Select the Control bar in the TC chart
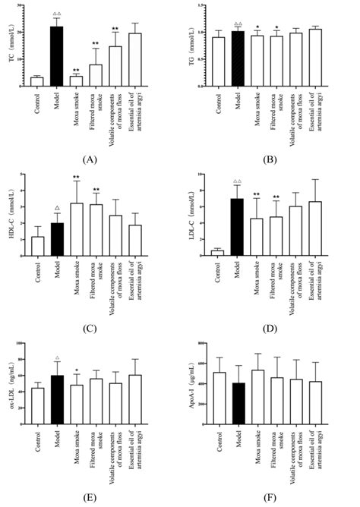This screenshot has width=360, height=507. (x=36, y=81)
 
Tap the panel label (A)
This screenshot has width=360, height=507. (x=89, y=160)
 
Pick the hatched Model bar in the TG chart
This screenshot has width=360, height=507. (x=238, y=58)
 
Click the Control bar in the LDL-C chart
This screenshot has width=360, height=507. (x=217, y=252)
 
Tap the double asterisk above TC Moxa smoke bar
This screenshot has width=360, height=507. (x=76, y=68)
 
